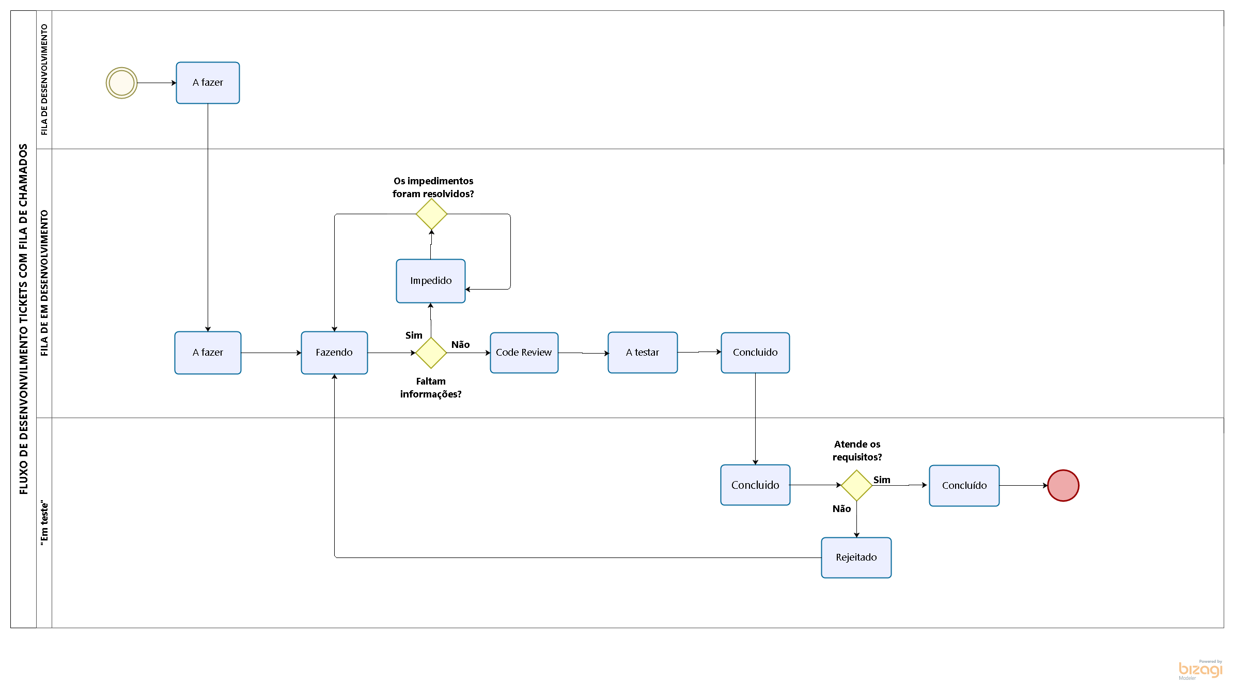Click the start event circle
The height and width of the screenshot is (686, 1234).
[121, 83]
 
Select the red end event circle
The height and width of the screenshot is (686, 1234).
[1063, 485]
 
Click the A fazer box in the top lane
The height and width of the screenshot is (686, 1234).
[208, 83]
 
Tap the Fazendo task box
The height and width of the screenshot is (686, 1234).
[334, 353]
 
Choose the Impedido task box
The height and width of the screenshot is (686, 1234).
[430, 281]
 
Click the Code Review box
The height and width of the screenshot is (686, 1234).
[524, 353]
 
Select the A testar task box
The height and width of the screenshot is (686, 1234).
[643, 353]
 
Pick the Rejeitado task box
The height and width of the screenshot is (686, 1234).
[856, 557]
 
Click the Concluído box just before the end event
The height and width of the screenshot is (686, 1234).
[964, 486]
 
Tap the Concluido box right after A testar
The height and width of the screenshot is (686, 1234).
[755, 353]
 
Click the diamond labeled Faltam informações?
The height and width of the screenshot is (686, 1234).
[431, 353]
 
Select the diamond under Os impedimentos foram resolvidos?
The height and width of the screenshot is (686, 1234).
[431, 214]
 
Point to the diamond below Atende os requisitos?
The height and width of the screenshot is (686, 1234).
[856, 485]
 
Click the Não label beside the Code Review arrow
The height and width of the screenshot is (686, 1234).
[460, 345]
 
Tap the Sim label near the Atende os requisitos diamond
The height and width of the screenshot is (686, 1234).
[882, 480]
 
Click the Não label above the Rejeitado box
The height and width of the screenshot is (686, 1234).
[841, 509]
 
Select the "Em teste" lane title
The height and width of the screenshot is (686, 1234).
[44, 522]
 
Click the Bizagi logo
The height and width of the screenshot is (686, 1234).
[1200, 669]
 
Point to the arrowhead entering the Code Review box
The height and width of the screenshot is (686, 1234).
[488, 353]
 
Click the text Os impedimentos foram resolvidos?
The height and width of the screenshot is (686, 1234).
[433, 187]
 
